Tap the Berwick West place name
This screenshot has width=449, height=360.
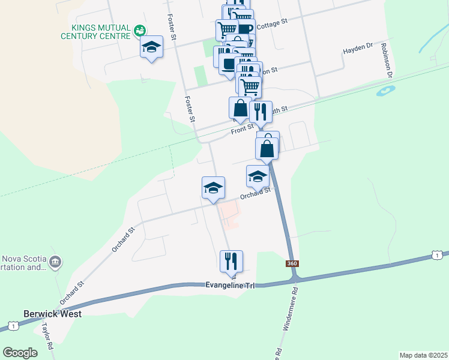coord(52,313)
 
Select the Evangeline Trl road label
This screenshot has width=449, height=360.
coord(231,286)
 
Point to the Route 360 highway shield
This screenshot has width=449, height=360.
coord(292,263)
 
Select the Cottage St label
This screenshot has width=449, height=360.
coord(273,23)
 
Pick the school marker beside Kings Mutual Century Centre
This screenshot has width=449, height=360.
coord(152,47)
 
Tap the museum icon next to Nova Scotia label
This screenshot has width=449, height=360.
coord(55,262)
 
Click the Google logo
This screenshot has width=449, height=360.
coord(20,353)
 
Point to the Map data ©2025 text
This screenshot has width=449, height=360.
coord(423,355)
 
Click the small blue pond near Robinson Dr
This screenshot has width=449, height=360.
coord(385,92)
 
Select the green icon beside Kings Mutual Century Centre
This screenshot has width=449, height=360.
coord(139,29)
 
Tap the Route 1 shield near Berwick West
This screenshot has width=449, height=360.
coord(12,326)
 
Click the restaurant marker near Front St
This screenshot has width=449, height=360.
coord(261,112)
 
